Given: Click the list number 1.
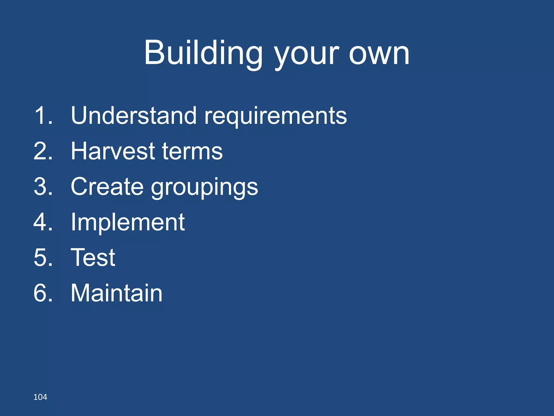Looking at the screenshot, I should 43,116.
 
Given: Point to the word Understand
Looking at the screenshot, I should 133,116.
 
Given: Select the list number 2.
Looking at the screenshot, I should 43,151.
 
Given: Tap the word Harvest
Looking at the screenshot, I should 113,151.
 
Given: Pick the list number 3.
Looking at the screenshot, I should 43,187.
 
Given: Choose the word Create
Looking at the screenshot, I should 107,187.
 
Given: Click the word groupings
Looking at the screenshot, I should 204,188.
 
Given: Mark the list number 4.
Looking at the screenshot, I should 43,222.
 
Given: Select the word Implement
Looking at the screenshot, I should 128,222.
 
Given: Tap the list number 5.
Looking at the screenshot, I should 43,258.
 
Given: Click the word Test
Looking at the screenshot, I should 93,258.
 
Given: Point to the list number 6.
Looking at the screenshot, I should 43,293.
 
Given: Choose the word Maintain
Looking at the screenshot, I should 116,293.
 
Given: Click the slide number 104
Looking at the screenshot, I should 40,397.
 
